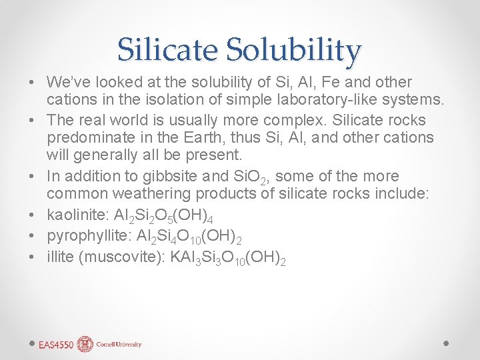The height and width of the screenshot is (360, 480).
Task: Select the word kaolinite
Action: click(73, 215)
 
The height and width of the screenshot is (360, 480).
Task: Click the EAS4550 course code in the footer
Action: click(56, 345)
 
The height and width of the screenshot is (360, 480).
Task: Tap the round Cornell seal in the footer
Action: click(85, 344)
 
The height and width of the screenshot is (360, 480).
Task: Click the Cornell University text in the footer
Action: click(119, 345)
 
